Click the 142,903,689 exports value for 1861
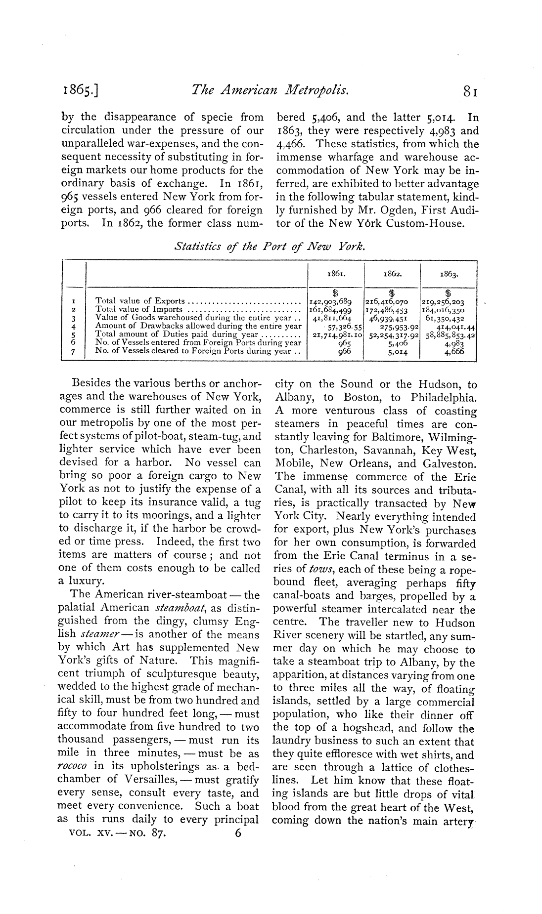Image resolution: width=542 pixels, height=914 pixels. tap(329, 301)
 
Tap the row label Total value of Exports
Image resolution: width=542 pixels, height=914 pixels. tap(140, 301)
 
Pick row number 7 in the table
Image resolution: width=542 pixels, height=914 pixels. tap(73, 351)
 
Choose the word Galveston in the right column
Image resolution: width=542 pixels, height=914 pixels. tap(449, 464)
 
